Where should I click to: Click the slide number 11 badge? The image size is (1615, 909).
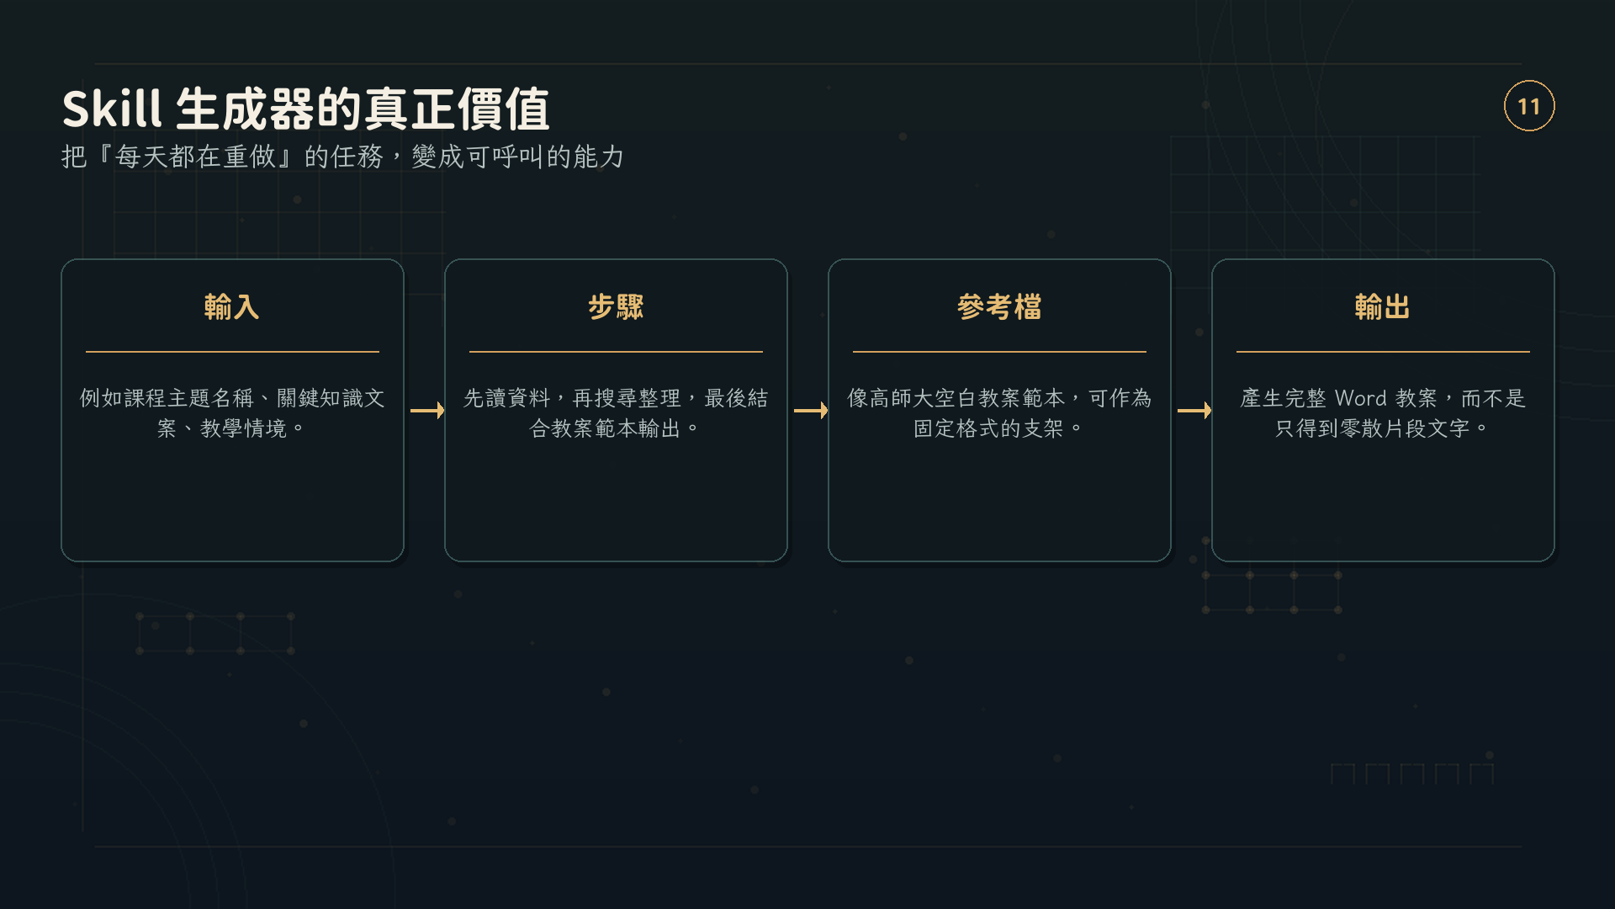click(x=1528, y=106)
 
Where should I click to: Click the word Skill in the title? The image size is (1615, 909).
click(x=112, y=109)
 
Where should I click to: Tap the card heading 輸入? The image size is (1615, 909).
click(x=232, y=306)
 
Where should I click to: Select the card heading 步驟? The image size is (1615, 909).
click(x=616, y=306)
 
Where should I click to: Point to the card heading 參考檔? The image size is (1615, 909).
click(x=999, y=306)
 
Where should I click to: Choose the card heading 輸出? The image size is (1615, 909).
click(x=1383, y=306)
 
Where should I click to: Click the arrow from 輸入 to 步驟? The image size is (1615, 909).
click(x=427, y=411)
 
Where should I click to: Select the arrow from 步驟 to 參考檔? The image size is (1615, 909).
click(x=811, y=411)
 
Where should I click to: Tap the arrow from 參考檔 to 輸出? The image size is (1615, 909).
click(x=1194, y=411)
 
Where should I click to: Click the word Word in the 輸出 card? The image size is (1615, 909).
click(x=1360, y=398)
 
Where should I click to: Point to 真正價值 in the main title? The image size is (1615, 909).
click(x=456, y=109)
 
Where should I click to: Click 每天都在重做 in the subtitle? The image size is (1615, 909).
click(x=195, y=157)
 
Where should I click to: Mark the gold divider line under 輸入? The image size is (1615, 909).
click(x=232, y=352)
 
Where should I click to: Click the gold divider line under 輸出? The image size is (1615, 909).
click(x=1383, y=352)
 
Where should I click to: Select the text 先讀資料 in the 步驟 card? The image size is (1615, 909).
click(x=506, y=398)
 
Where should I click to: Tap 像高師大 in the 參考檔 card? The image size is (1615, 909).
click(x=890, y=398)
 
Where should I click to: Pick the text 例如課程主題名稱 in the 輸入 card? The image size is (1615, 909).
click(x=167, y=398)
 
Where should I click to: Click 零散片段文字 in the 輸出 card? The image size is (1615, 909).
click(x=1405, y=428)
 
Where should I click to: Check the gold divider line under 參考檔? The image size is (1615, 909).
click(x=999, y=352)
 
